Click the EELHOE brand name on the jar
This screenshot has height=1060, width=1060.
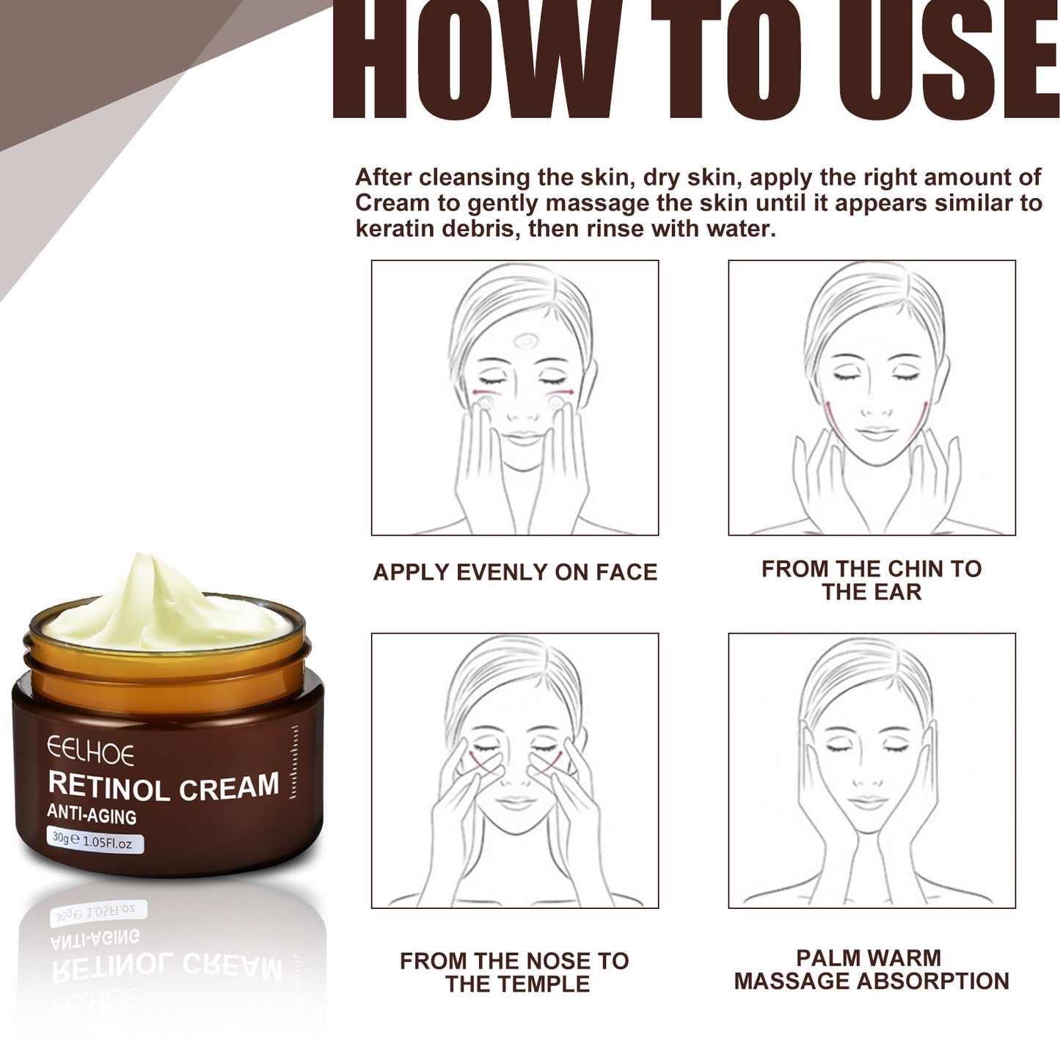coord(91,752)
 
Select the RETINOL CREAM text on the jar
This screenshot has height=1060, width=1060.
coord(164,786)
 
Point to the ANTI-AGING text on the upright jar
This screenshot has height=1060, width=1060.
coord(92,815)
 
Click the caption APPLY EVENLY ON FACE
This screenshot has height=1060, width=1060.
coord(515,572)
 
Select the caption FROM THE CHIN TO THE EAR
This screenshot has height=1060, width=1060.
coord(871,580)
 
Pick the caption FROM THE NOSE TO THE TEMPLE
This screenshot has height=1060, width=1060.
coord(515,972)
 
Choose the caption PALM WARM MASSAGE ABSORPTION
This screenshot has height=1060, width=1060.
coord(871,969)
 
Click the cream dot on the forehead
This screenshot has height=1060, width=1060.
coord(525,341)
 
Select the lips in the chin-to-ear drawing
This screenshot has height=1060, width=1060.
coord(877,434)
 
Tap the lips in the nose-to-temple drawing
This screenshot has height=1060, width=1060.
coord(517,801)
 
